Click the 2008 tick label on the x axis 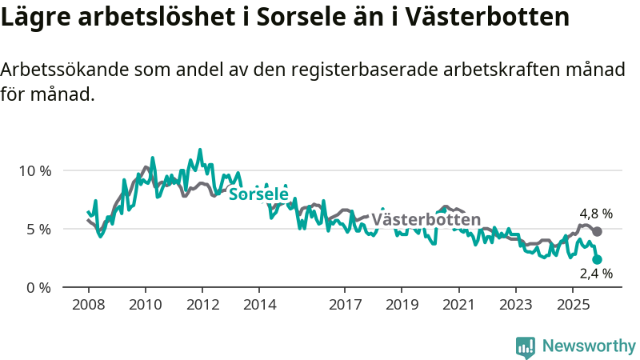(x=88, y=305)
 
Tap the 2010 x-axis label (x=145, y=305)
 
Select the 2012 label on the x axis (x=202, y=305)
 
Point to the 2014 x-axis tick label (x=259, y=305)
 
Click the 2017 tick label (x=345, y=305)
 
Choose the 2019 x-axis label (x=402, y=305)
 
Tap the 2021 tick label (x=458, y=305)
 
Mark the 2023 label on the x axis (x=515, y=305)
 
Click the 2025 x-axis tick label (x=573, y=305)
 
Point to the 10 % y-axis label (x=34, y=170)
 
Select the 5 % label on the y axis (x=38, y=229)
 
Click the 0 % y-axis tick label (x=38, y=287)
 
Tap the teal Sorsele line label (x=258, y=194)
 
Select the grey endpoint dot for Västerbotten (x=597, y=231)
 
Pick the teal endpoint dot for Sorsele (x=597, y=259)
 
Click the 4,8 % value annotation (x=596, y=214)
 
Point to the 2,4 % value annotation (x=596, y=274)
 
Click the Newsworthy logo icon (x=526, y=346)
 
